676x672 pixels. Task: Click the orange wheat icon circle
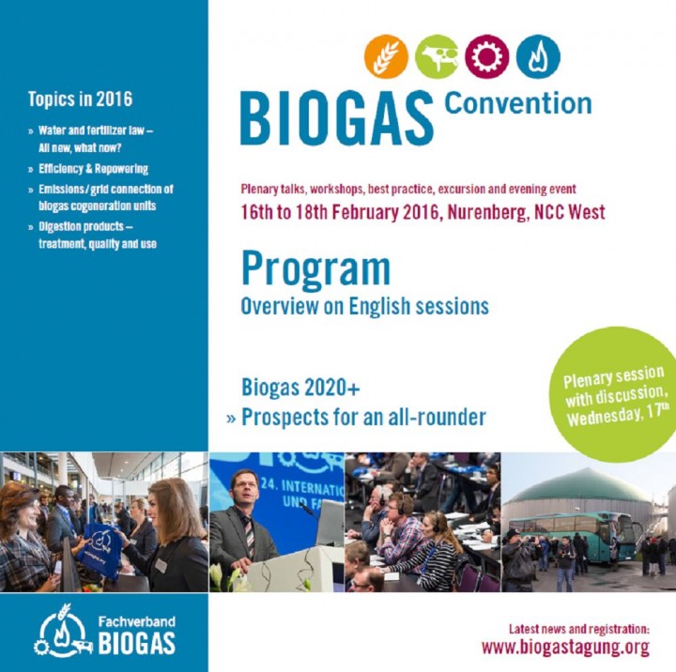pos(386,56)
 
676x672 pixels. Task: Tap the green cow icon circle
pos(437,56)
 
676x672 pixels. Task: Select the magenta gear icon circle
pos(486,56)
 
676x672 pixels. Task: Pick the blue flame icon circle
pos(538,56)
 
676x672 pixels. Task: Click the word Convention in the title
pos(517,103)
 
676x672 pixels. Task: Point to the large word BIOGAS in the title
pos(337,118)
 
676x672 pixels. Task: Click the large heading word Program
pos(315,268)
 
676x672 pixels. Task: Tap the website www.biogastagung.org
pos(565,648)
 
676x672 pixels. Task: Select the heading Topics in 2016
pos(80,99)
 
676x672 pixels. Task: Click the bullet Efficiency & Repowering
pos(93,169)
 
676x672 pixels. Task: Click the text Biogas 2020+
pos(300,387)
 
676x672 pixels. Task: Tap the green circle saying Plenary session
pos(615,395)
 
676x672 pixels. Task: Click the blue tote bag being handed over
pos(101,551)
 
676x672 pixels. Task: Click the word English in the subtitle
pos(379,307)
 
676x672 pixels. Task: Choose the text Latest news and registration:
pos(579,629)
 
